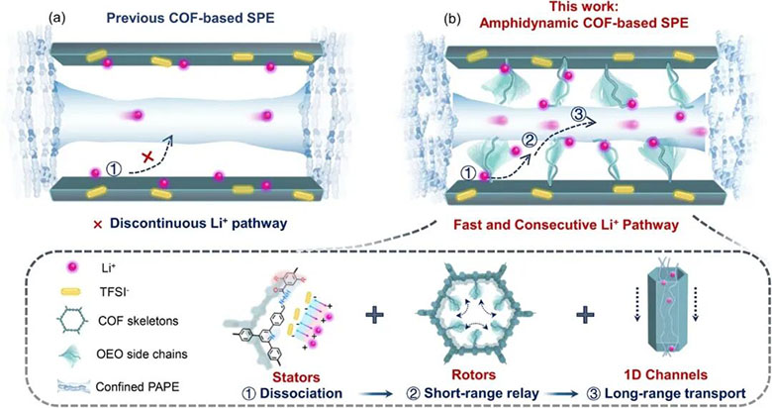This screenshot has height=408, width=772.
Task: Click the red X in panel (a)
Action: tap(147, 157)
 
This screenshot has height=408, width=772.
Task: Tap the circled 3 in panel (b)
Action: tap(578, 115)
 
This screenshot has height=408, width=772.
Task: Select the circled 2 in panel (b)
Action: tap(529, 141)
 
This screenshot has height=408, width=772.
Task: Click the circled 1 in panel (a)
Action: tap(114, 170)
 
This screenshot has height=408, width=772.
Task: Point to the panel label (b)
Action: tap(453, 19)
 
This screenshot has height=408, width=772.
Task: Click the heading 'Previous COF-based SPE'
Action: tap(191, 18)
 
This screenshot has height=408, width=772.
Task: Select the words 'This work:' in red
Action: tap(583, 6)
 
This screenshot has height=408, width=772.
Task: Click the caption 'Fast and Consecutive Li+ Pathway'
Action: tap(566, 225)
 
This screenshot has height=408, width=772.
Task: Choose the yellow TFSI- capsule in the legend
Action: tap(73, 292)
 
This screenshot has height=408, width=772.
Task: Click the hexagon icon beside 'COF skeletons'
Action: tap(73, 321)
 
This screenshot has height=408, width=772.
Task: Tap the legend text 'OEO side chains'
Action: tap(142, 354)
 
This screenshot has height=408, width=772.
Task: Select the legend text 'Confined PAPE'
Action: tap(137, 386)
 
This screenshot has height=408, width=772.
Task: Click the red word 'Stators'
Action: tap(296, 377)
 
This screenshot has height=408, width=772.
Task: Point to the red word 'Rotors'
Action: tap(473, 375)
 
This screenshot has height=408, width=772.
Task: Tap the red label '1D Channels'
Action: tap(666, 375)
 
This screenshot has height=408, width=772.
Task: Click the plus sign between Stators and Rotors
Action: tap(375, 315)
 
